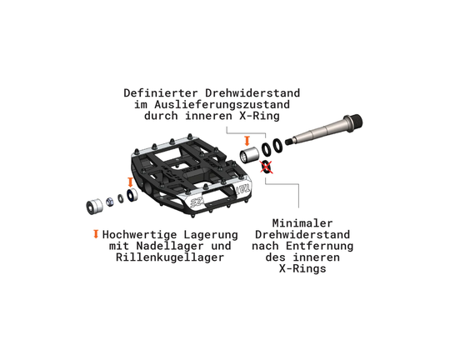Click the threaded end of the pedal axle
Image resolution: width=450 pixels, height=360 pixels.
[355, 122]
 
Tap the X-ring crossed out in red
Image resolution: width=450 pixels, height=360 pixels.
[267, 167]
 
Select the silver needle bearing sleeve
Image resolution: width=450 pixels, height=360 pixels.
[249, 155]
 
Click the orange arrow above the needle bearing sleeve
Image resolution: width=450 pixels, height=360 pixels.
[247, 141]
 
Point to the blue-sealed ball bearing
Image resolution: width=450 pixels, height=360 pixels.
[132, 195]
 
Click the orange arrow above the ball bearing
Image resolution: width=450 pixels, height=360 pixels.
[130, 182]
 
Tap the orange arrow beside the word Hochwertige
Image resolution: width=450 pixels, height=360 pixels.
[96, 234]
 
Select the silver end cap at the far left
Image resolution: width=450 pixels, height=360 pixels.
[94, 206]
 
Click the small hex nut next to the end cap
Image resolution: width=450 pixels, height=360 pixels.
[110, 202]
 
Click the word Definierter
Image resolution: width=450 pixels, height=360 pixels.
[161, 93]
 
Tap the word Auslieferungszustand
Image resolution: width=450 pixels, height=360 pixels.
[222, 104]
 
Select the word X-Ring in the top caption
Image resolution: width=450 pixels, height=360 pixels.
[259, 116]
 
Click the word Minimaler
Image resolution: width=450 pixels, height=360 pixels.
[302, 223]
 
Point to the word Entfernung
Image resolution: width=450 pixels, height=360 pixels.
[319, 246]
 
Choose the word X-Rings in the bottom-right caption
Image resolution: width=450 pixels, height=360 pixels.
[302, 268]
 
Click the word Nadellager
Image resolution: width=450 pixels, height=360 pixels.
[170, 246]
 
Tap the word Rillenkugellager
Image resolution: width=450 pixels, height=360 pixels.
[170, 257]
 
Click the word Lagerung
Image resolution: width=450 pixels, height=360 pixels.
[211, 235]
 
